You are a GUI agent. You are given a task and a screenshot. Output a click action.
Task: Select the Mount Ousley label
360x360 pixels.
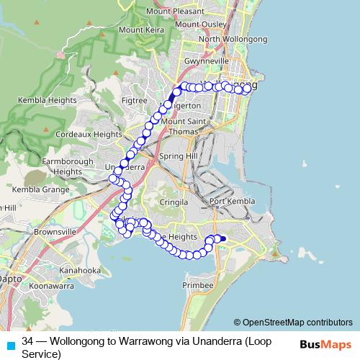(199, 23)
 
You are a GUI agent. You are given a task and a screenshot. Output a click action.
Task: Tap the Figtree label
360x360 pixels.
(135, 101)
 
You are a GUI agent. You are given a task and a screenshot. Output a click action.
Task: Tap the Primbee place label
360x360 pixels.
(199, 285)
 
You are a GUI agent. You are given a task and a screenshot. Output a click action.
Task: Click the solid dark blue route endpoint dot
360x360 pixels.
(223, 239)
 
